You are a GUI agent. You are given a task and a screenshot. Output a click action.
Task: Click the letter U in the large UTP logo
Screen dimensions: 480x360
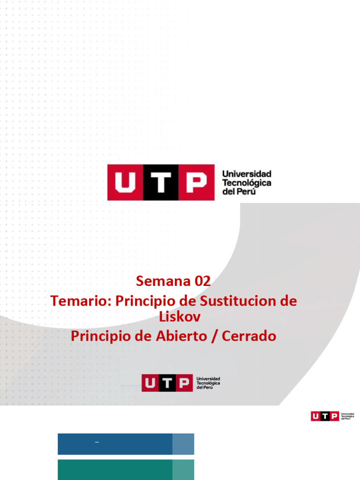pyautogui.click(x=125, y=182)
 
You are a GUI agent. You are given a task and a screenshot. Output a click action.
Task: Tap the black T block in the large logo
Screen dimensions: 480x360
pyautogui.click(x=161, y=182)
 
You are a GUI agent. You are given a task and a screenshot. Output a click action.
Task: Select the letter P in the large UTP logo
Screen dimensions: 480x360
pyautogui.click(x=196, y=182)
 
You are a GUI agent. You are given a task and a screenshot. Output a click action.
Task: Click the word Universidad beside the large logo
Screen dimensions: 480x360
pyautogui.click(x=247, y=174)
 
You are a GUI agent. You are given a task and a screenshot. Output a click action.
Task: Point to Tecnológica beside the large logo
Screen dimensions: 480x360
pyautogui.click(x=247, y=183)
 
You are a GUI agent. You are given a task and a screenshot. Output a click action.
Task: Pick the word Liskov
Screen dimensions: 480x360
pyautogui.click(x=180, y=317)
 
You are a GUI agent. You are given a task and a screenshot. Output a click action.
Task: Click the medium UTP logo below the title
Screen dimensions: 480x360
pyautogui.click(x=180, y=382)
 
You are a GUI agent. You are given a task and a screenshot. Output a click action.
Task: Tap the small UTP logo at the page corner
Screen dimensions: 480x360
pyautogui.click(x=332, y=416)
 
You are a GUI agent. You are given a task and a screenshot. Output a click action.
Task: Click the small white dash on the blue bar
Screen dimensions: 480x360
pyautogui.click(x=97, y=442)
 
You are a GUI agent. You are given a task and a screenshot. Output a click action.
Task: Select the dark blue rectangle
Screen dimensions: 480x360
pyautogui.click(x=115, y=444)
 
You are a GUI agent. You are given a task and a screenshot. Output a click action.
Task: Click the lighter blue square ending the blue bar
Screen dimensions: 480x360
pyautogui.click(x=183, y=444)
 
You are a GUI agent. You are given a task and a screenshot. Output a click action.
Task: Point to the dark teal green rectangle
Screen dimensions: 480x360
pyautogui.click(x=115, y=470)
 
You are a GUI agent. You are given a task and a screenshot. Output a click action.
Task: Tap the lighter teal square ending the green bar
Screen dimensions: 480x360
pyautogui.click(x=183, y=470)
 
